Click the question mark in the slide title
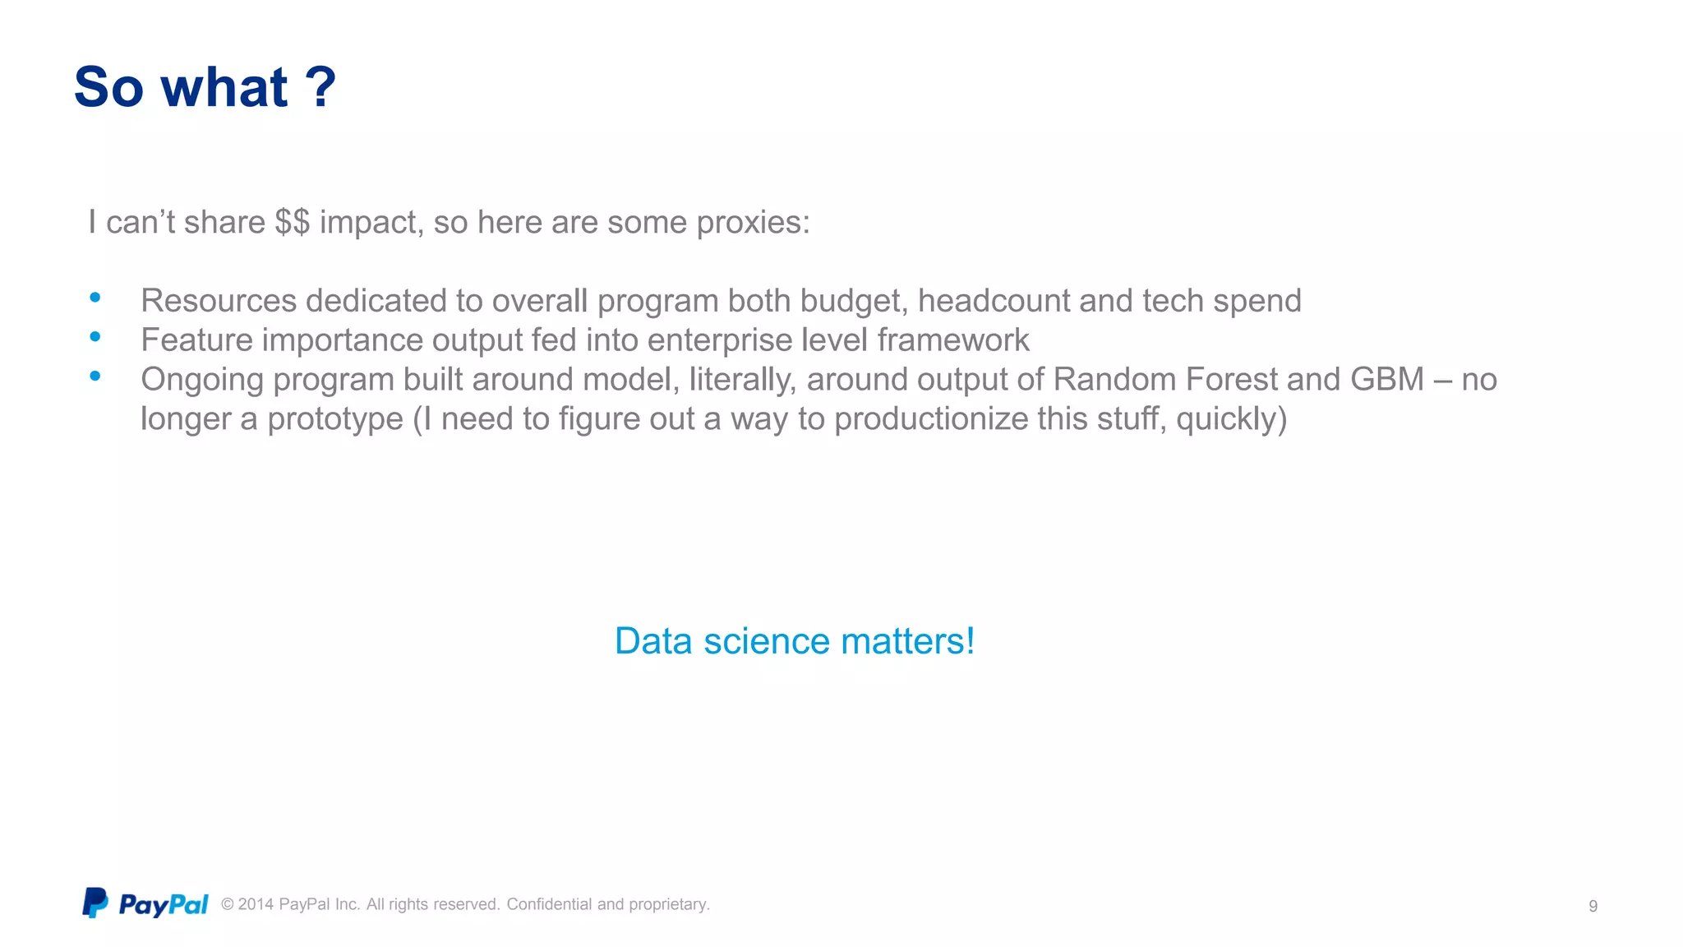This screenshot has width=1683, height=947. pos(320,87)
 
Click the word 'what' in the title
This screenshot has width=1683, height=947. pos(224,87)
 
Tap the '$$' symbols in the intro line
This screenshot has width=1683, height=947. pos(293,222)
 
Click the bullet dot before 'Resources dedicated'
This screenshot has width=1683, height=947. pos(95,298)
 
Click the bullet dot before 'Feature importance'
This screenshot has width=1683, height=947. pos(95,336)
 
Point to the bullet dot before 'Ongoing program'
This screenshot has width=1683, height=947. pos(95,376)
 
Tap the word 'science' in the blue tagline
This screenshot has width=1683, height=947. pos(767,641)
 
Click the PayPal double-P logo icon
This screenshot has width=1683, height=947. pos(95,903)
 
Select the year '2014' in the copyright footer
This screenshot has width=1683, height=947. pos(256,904)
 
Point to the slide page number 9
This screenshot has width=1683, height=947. pos(1593,906)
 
